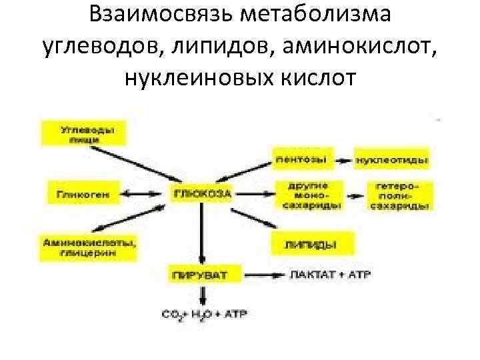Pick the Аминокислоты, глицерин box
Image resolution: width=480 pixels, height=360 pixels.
coord(89,248)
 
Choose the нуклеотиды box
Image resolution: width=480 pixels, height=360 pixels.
coord(392,159)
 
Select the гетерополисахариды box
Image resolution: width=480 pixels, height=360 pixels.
coord(398,195)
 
